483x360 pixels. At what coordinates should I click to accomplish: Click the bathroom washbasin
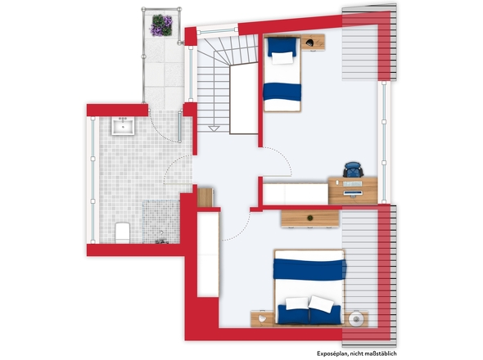[x=123, y=126]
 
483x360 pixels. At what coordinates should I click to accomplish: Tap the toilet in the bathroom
[x=123, y=232]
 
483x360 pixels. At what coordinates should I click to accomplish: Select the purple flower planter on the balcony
[x=161, y=25]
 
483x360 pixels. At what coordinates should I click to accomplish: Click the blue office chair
[x=353, y=169]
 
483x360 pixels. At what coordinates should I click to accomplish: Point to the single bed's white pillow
[x=282, y=58]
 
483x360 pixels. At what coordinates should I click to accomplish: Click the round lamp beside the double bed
[x=356, y=319]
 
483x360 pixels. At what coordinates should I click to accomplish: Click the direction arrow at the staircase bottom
[x=214, y=128]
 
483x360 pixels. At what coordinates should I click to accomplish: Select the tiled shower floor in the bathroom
[x=161, y=222]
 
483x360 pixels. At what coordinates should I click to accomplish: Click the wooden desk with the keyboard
[x=353, y=191]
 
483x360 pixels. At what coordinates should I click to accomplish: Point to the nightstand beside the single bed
[x=313, y=43]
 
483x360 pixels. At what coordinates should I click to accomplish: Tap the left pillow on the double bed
[x=297, y=303]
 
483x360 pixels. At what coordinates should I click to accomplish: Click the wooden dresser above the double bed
[x=310, y=218]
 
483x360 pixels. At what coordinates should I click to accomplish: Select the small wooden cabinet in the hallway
[x=205, y=197]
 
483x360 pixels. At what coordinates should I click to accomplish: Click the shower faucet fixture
[x=161, y=241]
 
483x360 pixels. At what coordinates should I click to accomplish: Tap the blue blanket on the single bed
[x=282, y=92]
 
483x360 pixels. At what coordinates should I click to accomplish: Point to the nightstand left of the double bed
[x=263, y=319]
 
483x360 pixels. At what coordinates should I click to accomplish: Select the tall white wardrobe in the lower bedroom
[x=208, y=254]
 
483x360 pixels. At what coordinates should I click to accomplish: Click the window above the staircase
[x=218, y=30]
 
